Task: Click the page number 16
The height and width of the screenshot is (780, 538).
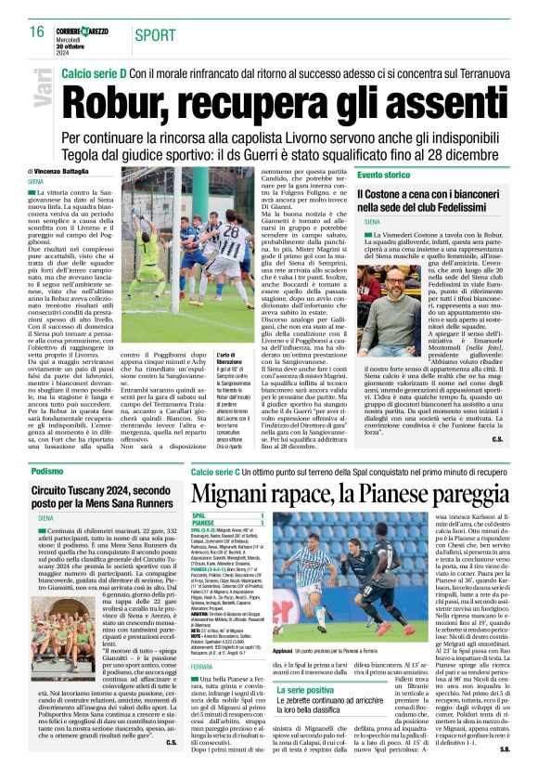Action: tap(36, 32)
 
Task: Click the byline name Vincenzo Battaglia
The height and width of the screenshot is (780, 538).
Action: tap(66, 172)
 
